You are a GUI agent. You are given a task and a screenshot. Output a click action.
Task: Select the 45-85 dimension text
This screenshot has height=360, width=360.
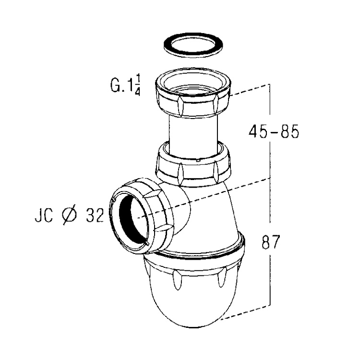[274, 132]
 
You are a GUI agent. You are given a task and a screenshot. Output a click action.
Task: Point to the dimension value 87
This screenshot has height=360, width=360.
[271, 242]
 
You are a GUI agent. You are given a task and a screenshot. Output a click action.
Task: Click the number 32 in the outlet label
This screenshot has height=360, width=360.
[95, 216]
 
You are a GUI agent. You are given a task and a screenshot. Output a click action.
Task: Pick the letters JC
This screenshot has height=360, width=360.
[44, 216]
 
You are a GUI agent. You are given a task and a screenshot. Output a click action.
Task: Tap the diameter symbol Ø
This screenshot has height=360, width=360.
[69, 216]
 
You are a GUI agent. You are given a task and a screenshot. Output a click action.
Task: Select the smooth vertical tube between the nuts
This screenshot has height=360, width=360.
[193, 135]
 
